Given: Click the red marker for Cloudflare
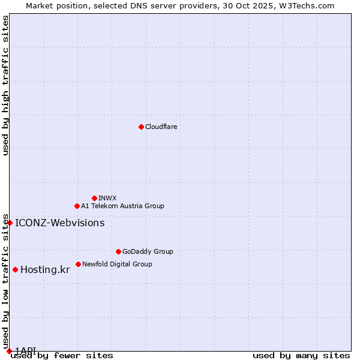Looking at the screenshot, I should [x=141, y=127].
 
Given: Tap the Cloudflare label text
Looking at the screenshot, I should [x=161, y=127].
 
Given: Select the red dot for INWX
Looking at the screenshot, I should [x=94, y=198].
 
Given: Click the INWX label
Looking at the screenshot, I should [x=107, y=198].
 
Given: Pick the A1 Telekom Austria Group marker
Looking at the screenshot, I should [x=77, y=206].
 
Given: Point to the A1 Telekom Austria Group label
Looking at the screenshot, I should [x=122, y=206].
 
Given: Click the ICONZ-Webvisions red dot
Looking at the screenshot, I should [x=10, y=223].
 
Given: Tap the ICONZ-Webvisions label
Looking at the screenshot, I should [x=59, y=223].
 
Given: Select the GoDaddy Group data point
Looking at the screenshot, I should [x=118, y=251].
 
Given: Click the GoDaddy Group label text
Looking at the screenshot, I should [x=148, y=251].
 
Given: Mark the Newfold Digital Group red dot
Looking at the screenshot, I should [x=78, y=264].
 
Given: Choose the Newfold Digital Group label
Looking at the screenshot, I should [x=117, y=264].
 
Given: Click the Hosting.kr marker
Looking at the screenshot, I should [x=15, y=269].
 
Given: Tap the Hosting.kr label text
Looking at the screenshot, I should [x=45, y=270].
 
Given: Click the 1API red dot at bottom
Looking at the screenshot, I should [x=9, y=351].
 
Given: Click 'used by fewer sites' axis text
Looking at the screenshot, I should [x=62, y=356].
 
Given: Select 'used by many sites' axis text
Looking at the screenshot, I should [x=301, y=356].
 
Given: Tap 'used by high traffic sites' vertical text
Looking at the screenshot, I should [x=5, y=85].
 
